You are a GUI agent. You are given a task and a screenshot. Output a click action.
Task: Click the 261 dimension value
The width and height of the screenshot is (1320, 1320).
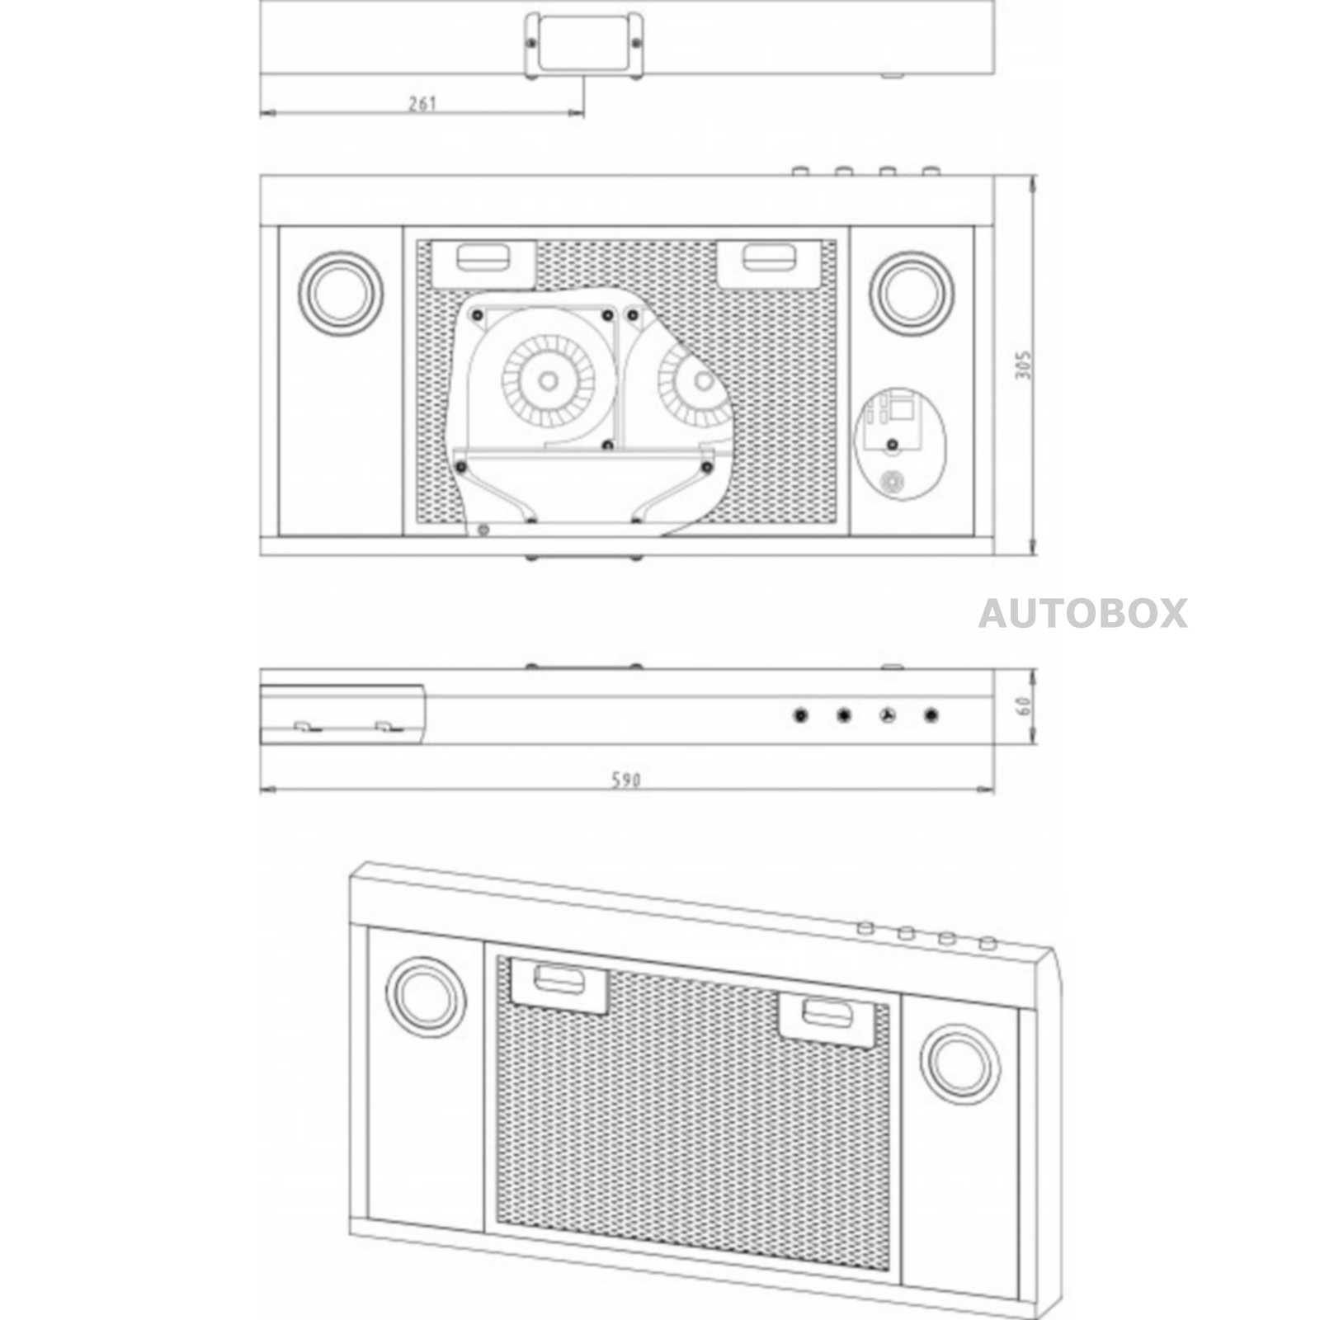coord(422,104)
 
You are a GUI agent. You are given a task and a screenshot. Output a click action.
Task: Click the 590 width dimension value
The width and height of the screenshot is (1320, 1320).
coord(626,780)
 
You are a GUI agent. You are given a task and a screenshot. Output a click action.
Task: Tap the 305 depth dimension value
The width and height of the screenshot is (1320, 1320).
coord(1023,365)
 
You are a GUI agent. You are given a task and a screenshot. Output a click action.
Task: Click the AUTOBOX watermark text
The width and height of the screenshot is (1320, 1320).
coord(1083,614)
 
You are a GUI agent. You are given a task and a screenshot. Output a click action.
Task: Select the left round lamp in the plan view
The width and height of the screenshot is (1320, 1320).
coord(341,294)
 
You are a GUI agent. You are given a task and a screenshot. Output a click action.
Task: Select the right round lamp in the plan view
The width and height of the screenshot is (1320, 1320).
coord(912,294)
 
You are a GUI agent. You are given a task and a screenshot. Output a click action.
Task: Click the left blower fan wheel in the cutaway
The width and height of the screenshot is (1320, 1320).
coord(547,380)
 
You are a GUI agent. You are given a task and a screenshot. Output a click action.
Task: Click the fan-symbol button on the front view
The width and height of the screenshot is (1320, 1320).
coord(887,715)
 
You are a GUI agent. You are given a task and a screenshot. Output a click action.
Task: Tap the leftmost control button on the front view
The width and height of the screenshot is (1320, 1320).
coord(800,715)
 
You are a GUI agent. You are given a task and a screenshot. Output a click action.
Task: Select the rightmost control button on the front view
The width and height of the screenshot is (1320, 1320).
coord(931,715)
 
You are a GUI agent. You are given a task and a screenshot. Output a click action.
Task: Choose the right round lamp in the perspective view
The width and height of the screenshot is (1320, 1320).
coord(961,1064)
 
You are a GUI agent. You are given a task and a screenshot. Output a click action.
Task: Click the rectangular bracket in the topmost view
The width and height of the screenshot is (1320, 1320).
coord(584,46)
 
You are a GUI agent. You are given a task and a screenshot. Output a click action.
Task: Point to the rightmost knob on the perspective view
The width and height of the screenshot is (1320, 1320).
coord(987,944)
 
